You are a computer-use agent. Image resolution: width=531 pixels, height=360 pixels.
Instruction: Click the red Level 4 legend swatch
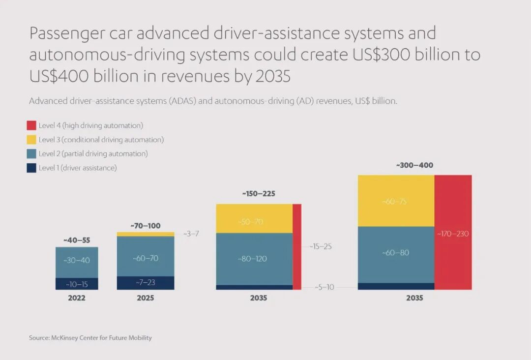[31, 125]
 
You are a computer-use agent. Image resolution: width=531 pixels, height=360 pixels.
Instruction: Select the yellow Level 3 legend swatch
[31, 140]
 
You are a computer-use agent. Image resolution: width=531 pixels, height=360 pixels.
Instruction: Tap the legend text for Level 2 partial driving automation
[93, 154]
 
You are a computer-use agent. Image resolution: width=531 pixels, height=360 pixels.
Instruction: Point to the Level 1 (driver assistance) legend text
[78, 168]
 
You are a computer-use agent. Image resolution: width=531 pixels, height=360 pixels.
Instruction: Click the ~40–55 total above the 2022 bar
[77, 240]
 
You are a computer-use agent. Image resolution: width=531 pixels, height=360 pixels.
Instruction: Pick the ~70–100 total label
[146, 226]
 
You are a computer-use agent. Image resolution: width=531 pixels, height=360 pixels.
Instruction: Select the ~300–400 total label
[414, 165]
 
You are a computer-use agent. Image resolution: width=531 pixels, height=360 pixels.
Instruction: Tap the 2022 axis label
[77, 298]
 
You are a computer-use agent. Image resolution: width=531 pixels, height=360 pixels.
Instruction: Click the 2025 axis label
[146, 298]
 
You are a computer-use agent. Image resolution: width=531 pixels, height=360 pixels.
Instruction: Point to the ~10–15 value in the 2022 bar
[77, 284]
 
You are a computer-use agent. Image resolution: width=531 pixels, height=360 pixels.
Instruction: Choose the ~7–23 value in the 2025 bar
[146, 282]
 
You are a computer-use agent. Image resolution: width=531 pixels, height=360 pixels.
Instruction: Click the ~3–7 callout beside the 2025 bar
[191, 234]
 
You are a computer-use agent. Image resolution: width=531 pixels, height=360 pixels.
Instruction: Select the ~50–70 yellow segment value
[251, 222]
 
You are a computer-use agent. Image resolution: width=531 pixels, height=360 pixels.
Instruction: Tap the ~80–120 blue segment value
[252, 259]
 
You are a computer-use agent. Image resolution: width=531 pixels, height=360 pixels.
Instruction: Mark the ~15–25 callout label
[321, 246]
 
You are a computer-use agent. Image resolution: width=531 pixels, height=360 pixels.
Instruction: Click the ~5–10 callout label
[324, 287]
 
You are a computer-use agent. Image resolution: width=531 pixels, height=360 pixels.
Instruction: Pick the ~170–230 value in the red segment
[453, 234]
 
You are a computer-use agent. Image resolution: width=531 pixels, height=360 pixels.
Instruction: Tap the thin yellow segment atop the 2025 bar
[146, 234]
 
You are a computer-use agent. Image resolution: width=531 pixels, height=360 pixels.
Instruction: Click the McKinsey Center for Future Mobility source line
[90, 338]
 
